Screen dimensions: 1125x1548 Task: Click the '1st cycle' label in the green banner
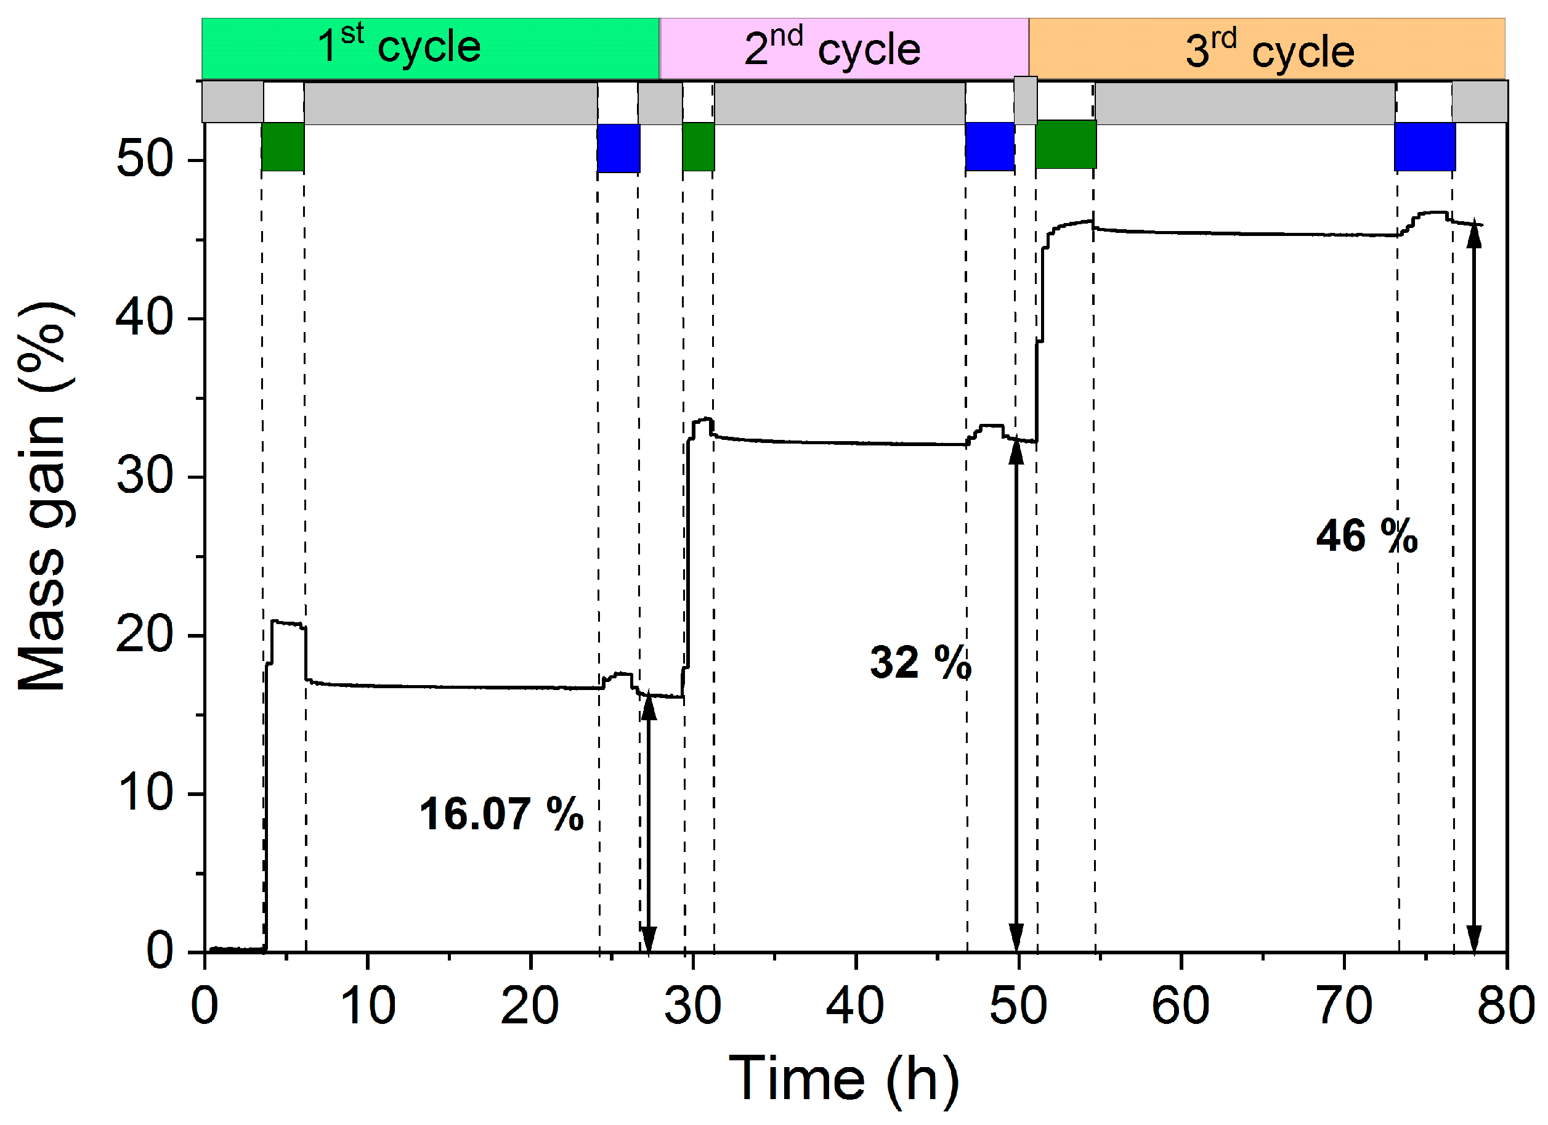coord(399,46)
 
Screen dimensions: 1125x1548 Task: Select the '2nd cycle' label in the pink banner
coord(832,49)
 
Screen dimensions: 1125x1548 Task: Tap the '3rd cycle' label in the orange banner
coord(1270,50)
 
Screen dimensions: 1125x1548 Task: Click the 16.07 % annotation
coord(501,814)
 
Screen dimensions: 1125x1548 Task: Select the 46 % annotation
coord(1366,536)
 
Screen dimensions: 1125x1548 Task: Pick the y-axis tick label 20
coord(145,634)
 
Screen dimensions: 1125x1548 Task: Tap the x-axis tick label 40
coord(854,1006)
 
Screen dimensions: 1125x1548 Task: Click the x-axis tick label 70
coord(1343,1006)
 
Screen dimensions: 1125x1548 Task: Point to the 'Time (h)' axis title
coord(844,1079)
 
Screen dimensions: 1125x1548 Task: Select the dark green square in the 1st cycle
coord(283,146)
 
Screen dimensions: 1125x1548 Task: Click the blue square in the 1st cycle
coord(618,147)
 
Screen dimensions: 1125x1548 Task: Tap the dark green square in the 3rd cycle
coord(1066,144)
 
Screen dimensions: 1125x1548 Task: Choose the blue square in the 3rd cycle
coord(1424,146)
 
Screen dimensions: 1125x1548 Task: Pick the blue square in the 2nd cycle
coord(989,146)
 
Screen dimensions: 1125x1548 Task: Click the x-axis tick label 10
coord(367,1006)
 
